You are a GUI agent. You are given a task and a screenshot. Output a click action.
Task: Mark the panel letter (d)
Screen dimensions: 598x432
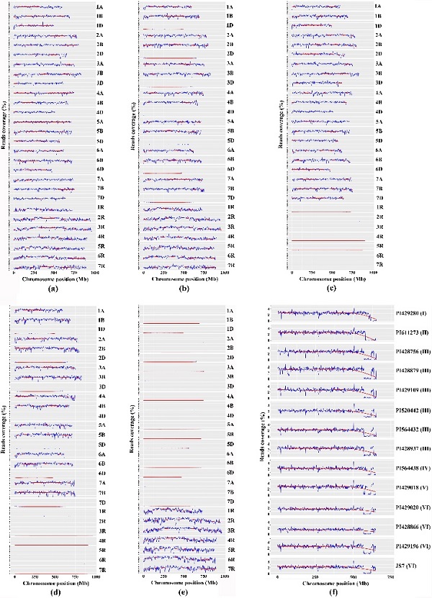pos(52,589)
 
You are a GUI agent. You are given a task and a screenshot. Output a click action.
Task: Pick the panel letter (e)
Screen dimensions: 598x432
pos(186,589)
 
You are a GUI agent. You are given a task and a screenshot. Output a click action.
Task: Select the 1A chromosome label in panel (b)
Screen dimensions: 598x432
pos(229,7)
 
